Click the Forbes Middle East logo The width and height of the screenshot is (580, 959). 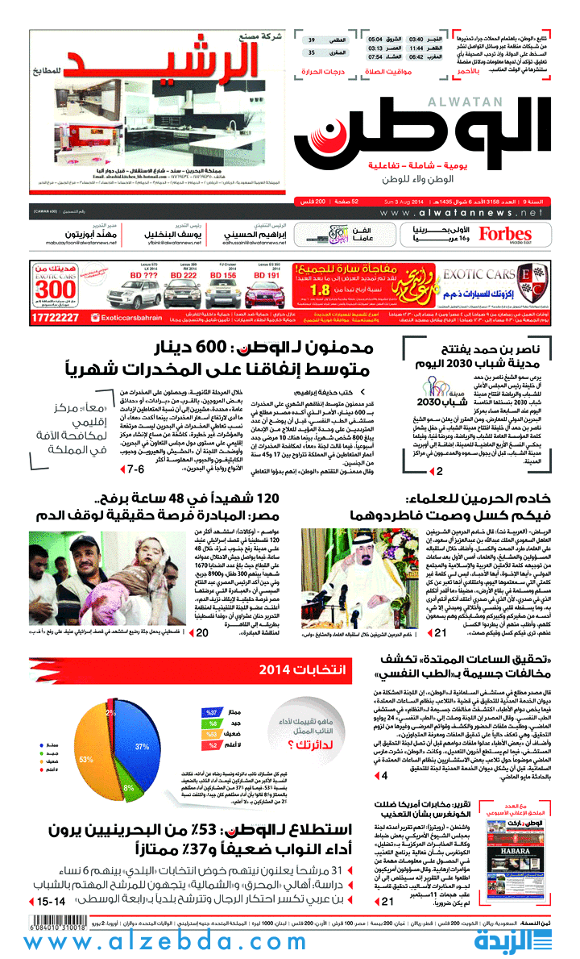coord(504,235)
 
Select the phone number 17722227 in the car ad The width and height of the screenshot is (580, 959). coord(56,317)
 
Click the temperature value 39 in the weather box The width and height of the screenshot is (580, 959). coord(311,40)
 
